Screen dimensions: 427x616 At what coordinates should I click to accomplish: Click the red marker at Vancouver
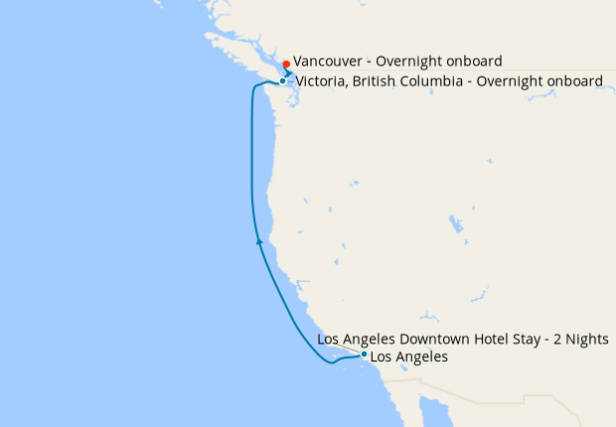coord(286,65)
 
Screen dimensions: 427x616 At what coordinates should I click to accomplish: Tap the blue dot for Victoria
coord(283,81)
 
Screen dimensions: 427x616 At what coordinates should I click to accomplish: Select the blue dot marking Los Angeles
coord(365,355)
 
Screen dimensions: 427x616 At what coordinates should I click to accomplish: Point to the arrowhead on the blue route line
coord(260,239)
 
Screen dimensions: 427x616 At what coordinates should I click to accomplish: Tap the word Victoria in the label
coord(320,81)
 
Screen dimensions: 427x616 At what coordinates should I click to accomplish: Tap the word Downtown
coord(434,340)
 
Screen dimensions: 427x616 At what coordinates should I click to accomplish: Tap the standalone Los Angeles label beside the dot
coord(408,356)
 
